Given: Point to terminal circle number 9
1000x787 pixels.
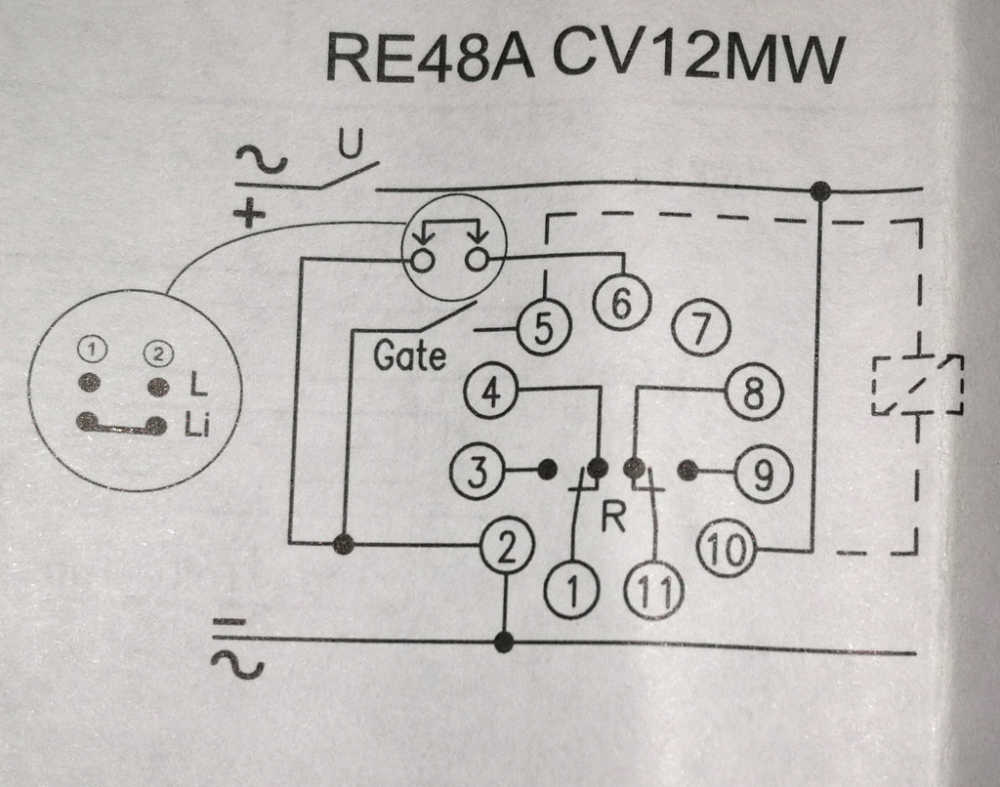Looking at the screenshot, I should pyautogui.click(x=763, y=473).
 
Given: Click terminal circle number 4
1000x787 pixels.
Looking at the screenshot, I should pyautogui.click(x=491, y=393).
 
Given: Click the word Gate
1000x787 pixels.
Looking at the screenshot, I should pyautogui.click(x=409, y=354).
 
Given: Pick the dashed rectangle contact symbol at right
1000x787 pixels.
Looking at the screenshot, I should pyautogui.click(x=918, y=384).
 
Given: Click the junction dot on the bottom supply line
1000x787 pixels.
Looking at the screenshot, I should pyautogui.click(x=504, y=642).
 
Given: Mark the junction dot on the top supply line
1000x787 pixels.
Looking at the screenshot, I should pyautogui.click(x=820, y=190).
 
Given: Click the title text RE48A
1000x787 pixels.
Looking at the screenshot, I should pyautogui.click(x=429, y=59).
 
